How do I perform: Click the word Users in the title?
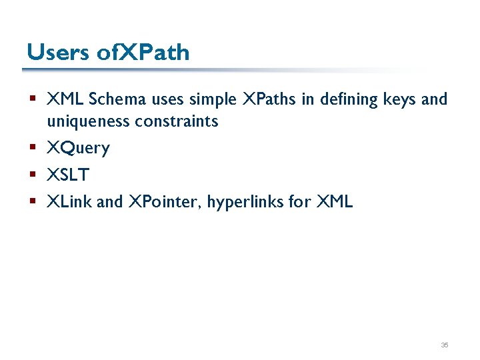pos(58,53)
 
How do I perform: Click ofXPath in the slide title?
pos(143,53)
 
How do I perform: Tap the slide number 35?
pos(445,345)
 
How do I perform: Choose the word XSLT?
pos(68,175)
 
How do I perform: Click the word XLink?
pos(69,202)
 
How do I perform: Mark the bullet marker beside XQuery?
pos(32,148)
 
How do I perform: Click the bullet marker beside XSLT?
pos(32,175)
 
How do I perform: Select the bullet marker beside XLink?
pos(32,201)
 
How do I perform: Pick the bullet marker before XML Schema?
pos(32,99)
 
